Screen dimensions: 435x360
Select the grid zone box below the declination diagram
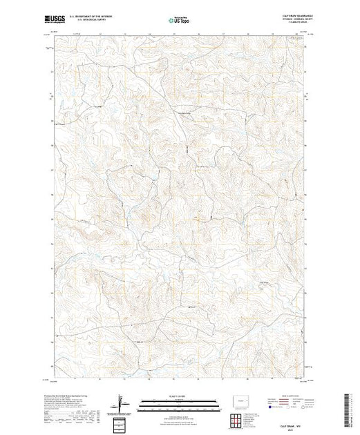pos(121,423)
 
